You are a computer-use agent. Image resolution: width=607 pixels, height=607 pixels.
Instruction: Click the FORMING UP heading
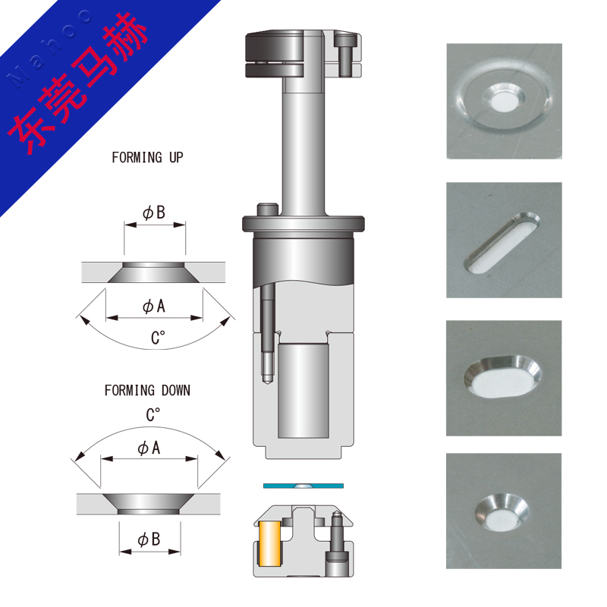pyautogui.click(x=147, y=158)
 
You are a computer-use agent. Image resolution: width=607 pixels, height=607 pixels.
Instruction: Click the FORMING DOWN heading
pyautogui.click(x=147, y=390)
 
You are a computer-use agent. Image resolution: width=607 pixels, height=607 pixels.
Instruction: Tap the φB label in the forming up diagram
pyautogui.click(x=154, y=212)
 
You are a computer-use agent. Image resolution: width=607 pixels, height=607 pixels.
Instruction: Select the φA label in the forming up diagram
pyautogui.click(x=154, y=307)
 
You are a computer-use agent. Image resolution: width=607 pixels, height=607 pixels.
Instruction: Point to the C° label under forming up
pyautogui.click(x=158, y=338)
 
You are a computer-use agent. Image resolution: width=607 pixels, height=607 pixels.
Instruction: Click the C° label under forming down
pyautogui.click(x=153, y=414)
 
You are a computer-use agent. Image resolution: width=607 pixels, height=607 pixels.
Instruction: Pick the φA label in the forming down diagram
pyautogui.click(x=149, y=448)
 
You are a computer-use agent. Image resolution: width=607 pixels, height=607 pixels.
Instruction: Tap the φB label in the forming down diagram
pyautogui.click(x=149, y=539)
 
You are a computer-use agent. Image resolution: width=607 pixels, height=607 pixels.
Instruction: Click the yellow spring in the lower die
pyautogui.click(x=269, y=543)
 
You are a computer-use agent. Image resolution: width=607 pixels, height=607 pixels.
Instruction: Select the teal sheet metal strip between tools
pyautogui.click(x=303, y=486)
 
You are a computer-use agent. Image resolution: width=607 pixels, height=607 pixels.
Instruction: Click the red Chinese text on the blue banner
pyautogui.click(x=77, y=83)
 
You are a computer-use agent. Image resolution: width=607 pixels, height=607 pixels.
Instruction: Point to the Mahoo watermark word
pyautogui.click(x=49, y=48)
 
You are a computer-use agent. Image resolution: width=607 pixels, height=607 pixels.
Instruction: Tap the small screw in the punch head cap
pyautogui.click(x=344, y=55)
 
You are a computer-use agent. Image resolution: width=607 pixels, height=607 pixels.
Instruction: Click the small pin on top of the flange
pyautogui.click(x=268, y=209)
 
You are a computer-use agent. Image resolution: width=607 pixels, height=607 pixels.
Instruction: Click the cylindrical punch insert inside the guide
pyautogui.click(x=303, y=390)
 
